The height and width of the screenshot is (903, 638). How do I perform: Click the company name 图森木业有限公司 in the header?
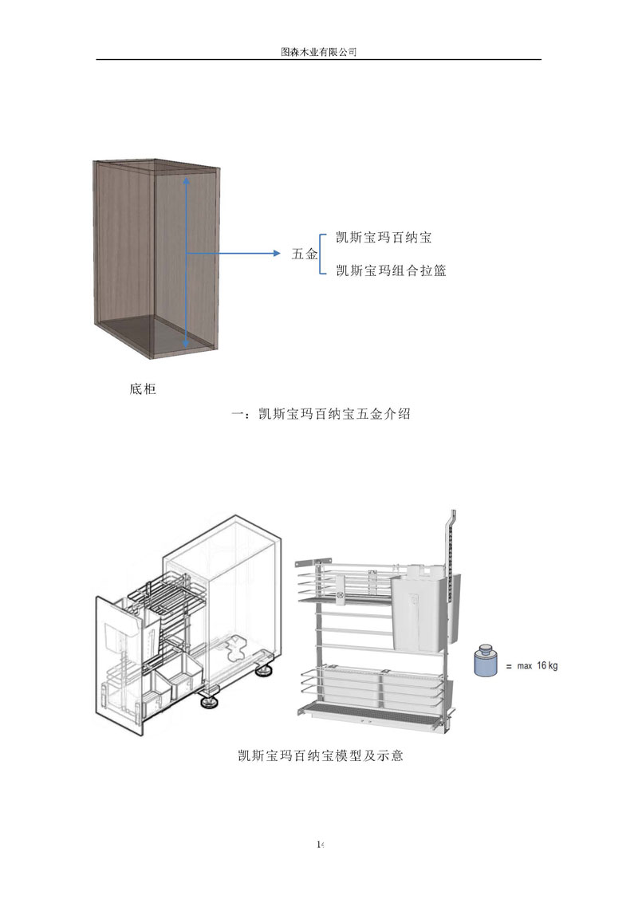click(318, 51)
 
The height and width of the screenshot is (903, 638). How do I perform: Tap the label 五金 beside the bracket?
click(305, 254)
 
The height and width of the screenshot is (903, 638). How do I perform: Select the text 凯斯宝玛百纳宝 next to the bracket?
click(384, 238)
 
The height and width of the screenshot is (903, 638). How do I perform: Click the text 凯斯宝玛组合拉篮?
click(391, 271)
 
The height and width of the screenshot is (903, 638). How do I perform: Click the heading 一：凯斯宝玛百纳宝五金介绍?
click(319, 415)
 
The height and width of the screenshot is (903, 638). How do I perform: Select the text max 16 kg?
click(537, 665)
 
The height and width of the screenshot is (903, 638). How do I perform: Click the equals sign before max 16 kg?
click(507, 666)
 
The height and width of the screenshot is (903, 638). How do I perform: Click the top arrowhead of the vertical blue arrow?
click(187, 183)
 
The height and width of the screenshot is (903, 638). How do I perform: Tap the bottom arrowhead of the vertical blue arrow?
click(187, 344)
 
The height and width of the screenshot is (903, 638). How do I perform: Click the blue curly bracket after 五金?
click(322, 254)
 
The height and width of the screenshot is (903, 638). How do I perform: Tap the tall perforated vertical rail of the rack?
click(449, 558)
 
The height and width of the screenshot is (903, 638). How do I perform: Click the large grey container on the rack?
click(420, 606)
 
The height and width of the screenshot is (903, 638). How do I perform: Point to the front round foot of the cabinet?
click(211, 703)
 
